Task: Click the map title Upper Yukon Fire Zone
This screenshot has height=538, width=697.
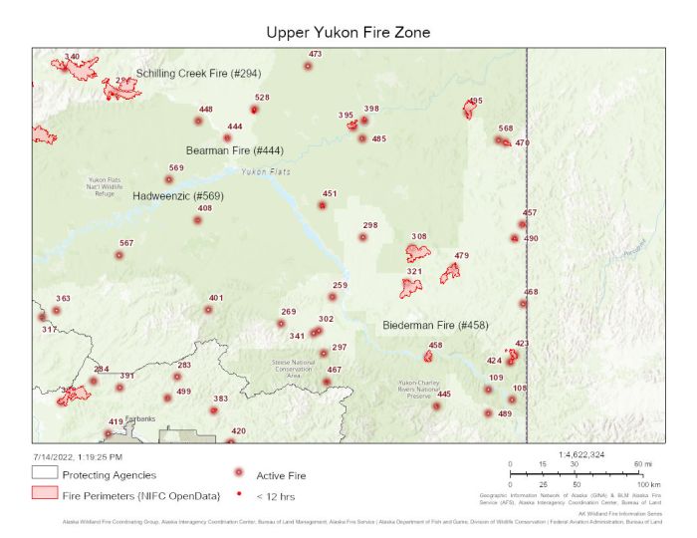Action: coord(348,32)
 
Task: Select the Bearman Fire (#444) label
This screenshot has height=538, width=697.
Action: coord(235,150)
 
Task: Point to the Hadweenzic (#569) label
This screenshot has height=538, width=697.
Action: coord(178,196)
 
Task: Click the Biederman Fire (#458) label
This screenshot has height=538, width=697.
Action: coord(435,325)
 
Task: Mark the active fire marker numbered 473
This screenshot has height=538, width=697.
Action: coord(308,67)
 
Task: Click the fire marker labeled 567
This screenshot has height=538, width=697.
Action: coord(119,255)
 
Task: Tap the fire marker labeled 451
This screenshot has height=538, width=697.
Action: coord(322,205)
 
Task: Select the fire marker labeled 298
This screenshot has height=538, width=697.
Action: coord(363,237)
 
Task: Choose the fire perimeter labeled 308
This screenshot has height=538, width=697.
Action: coord(418,253)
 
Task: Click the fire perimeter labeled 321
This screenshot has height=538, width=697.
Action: coord(411,288)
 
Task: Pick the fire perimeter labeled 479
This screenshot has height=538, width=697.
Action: coord(451,271)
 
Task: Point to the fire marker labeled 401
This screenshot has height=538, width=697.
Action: coord(208,310)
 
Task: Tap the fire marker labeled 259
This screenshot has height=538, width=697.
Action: coord(333,297)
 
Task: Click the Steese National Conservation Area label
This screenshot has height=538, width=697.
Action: coord(294,367)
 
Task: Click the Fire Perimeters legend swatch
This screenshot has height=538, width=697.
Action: coord(44,493)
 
